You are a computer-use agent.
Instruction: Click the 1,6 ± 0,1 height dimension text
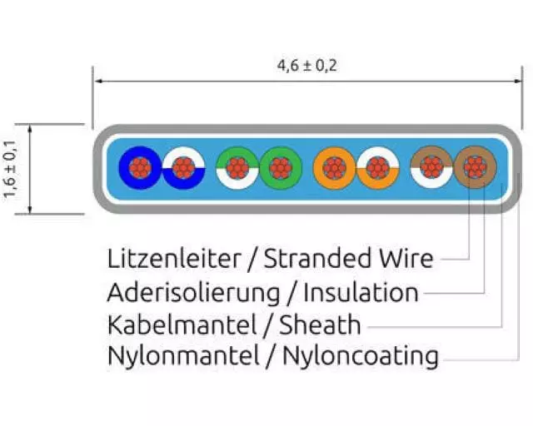pos(11,169)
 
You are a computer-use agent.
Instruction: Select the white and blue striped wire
pos(184,169)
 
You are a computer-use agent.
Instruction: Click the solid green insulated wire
pos(281,169)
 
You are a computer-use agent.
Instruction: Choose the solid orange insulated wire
pos(335,169)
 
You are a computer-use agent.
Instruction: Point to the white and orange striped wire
pos(378,169)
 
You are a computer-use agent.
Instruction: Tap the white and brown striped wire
pos(431,169)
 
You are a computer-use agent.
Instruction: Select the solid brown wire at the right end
pos(475,169)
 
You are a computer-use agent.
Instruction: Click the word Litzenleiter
pos(173,260)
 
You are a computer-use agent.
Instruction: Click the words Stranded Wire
pos(349,260)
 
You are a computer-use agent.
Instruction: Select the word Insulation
pos(361,293)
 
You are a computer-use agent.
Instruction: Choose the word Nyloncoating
pos(361,357)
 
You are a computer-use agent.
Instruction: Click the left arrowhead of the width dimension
pos(97,81)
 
